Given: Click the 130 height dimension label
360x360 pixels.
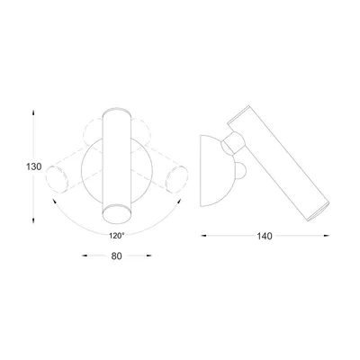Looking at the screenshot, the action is coord(33,166).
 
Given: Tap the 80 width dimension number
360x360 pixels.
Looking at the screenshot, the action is coord(116,256).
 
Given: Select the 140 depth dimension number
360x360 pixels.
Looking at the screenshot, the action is coord(265,236).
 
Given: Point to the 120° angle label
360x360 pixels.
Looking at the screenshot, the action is coord(116,236).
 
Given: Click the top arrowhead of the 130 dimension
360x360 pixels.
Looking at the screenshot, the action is coord(33,112).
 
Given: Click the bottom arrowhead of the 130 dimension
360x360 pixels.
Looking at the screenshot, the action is coord(33,220).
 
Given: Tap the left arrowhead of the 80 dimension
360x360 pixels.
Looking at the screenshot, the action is coord(85,256).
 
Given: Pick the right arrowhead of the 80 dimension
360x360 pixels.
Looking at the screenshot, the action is coord(148,256).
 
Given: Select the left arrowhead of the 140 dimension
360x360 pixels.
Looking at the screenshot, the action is coord(203,236).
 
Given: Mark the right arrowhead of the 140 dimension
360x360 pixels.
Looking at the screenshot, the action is coord(327,236).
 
